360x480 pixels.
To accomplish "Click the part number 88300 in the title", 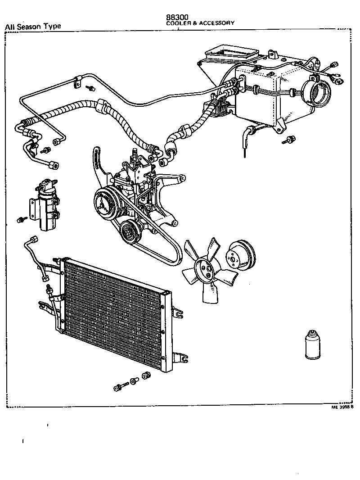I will [177, 17].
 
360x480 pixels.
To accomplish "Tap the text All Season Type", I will [32, 26].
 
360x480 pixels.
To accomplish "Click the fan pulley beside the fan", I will [240, 256].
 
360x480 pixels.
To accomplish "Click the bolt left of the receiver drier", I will [21, 220].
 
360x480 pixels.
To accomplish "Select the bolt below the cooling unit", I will [288, 140].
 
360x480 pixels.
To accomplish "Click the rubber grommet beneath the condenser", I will [145, 376].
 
